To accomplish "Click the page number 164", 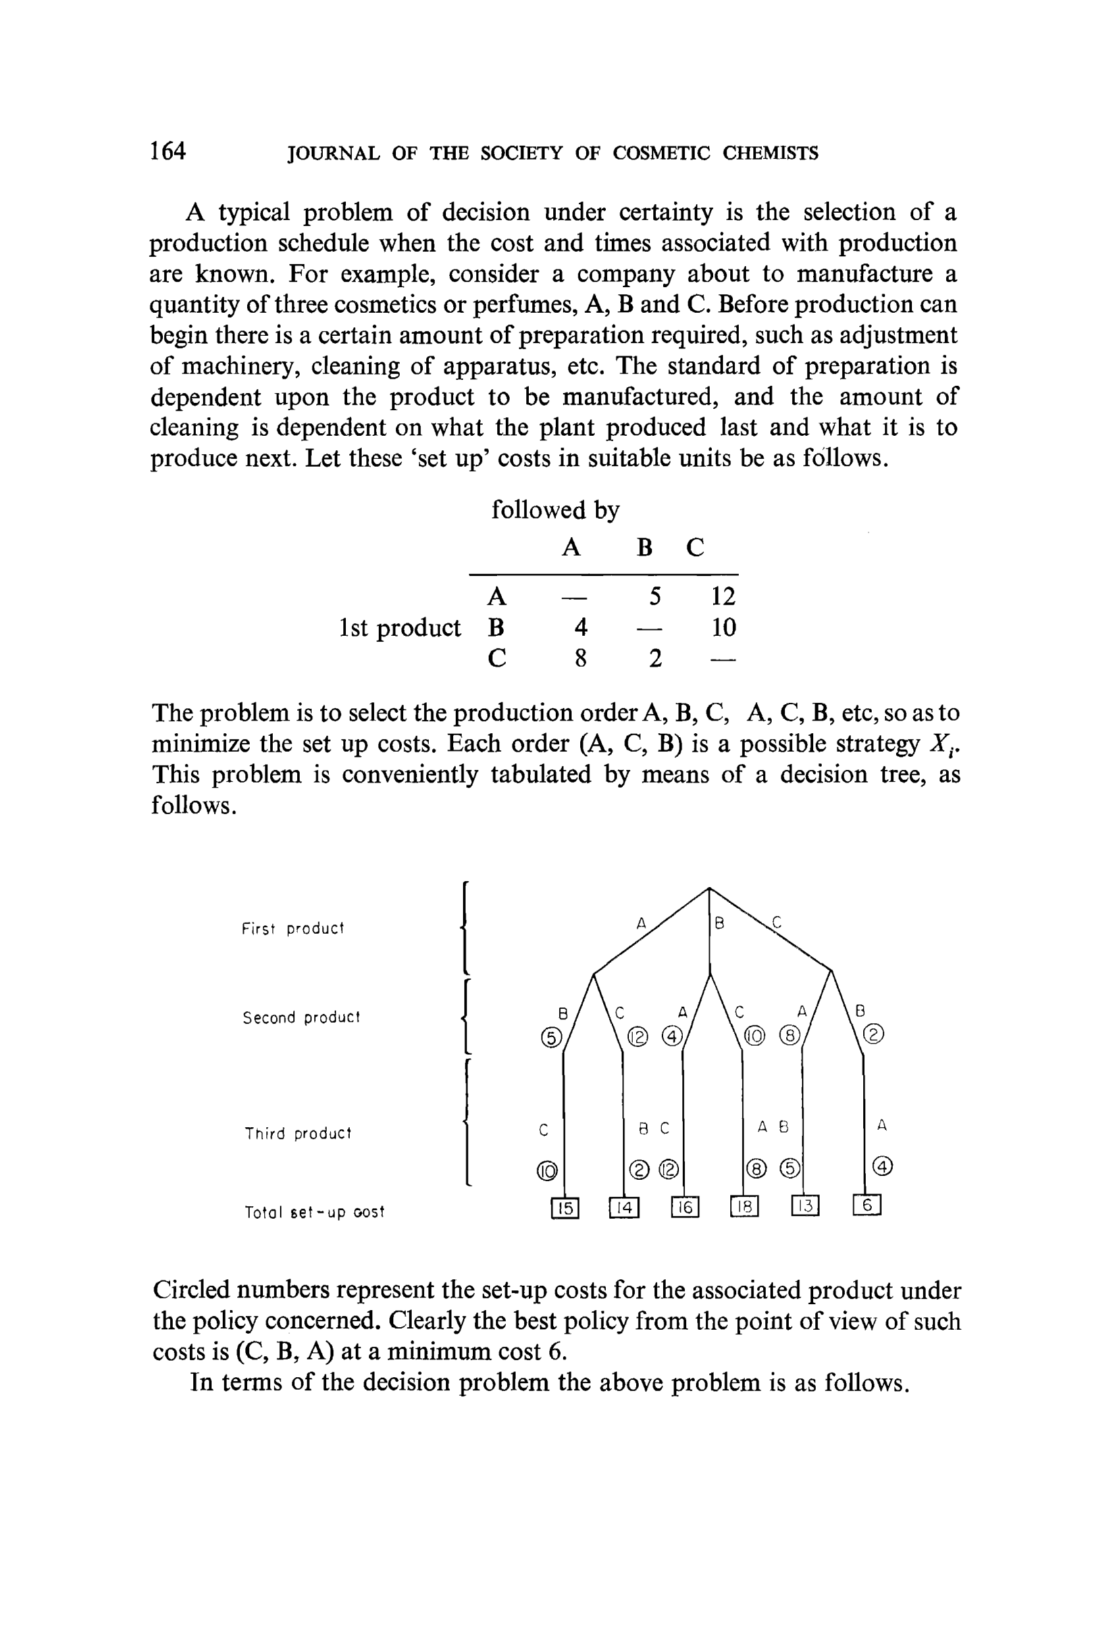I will (167, 151).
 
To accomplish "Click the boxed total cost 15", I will (564, 1207).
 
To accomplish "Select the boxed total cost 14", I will (624, 1207).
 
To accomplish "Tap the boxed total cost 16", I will (684, 1207).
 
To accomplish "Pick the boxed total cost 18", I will (744, 1207).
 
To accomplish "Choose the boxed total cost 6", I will (867, 1206).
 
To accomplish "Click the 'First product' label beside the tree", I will (292, 929).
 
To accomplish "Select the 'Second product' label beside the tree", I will (301, 1018).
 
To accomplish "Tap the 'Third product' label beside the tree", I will (297, 1133).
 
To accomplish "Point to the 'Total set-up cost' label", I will (314, 1212).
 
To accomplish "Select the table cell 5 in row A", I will (655, 597).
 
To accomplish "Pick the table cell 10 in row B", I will (723, 628).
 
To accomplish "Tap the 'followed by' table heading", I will (555, 510).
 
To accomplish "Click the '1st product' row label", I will (400, 628).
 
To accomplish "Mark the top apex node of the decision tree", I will (709, 889).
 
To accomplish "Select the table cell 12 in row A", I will (723, 597).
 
